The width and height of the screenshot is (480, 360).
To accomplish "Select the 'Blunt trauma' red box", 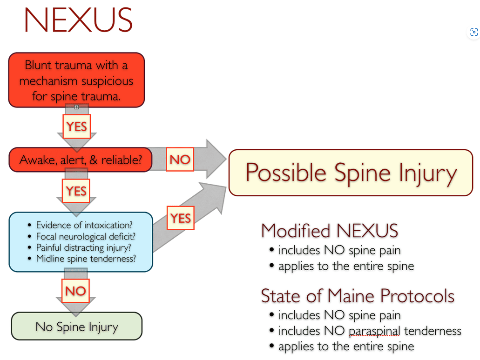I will click(x=76, y=80).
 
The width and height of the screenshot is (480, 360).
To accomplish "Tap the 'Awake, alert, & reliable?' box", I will click(x=80, y=160).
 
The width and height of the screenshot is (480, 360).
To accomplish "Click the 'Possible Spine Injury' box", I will click(x=351, y=173).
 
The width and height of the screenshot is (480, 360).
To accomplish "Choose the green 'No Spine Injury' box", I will click(x=76, y=327).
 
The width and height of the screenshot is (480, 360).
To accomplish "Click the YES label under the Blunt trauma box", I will click(x=76, y=126).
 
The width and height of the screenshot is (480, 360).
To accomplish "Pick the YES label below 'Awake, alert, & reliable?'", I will click(x=76, y=191).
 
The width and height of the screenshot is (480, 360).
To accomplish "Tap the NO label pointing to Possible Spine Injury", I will click(x=180, y=160).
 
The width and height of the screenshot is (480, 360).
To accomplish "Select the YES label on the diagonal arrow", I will click(x=180, y=218).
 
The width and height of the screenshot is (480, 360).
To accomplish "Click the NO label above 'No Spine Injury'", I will click(x=75, y=291).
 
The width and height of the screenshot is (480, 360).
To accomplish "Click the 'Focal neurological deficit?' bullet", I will click(x=86, y=236).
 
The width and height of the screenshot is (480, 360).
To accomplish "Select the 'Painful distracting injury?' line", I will click(x=84, y=247).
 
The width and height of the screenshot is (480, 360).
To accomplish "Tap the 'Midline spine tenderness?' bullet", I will click(x=86, y=259).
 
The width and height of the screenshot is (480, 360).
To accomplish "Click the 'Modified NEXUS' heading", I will click(x=330, y=231).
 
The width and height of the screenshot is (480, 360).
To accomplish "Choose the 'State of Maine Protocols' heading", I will click(x=358, y=296).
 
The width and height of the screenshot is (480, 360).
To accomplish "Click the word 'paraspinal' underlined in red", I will click(x=374, y=331).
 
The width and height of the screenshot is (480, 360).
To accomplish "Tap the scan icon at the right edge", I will click(x=474, y=32).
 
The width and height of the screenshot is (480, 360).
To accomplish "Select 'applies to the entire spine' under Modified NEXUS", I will click(x=346, y=267).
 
